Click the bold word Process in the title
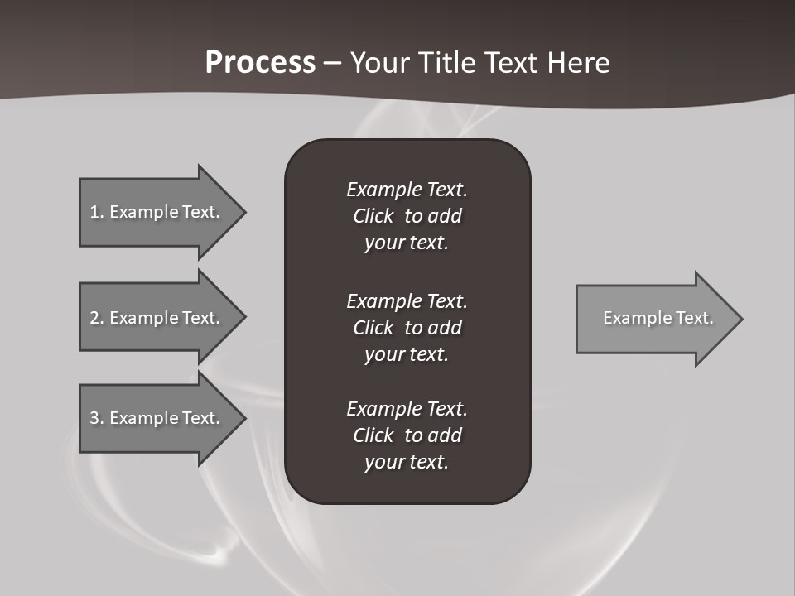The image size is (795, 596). pos(260,63)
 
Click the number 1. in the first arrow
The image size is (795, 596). pos(97,212)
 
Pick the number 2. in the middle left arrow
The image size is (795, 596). pos(97,318)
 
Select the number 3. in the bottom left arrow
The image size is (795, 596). pos(97,418)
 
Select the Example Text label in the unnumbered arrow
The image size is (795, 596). pos(658,318)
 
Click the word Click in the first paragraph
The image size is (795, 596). pos(373,217)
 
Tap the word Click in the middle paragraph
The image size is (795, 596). pos(373,328)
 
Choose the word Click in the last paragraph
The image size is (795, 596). pos(373,435)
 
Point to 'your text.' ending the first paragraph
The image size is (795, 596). pos(407,243)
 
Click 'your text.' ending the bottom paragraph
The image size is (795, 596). pos(407,462)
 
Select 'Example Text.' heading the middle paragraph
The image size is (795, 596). pos(407,300)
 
